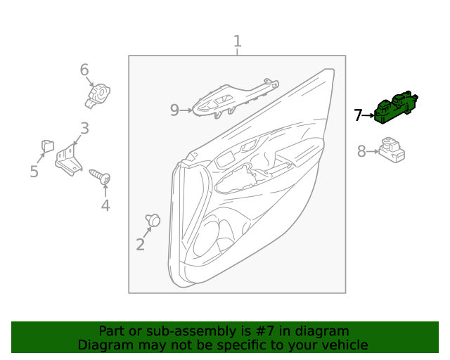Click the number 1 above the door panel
[x=238, y=41]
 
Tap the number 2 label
[x=140, y=245]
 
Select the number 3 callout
[x=84, y=129]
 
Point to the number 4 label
[x=105, y=205]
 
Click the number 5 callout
[x=34, y=172]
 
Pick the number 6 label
[x=84, y=70]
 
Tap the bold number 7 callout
[x=358, y=115]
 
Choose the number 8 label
[x=361, y=150]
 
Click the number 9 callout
[x=175, y=110]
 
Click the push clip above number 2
[x=153, y=221]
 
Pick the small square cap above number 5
[x=48, y=146]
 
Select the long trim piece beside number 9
[x=232, y=98]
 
